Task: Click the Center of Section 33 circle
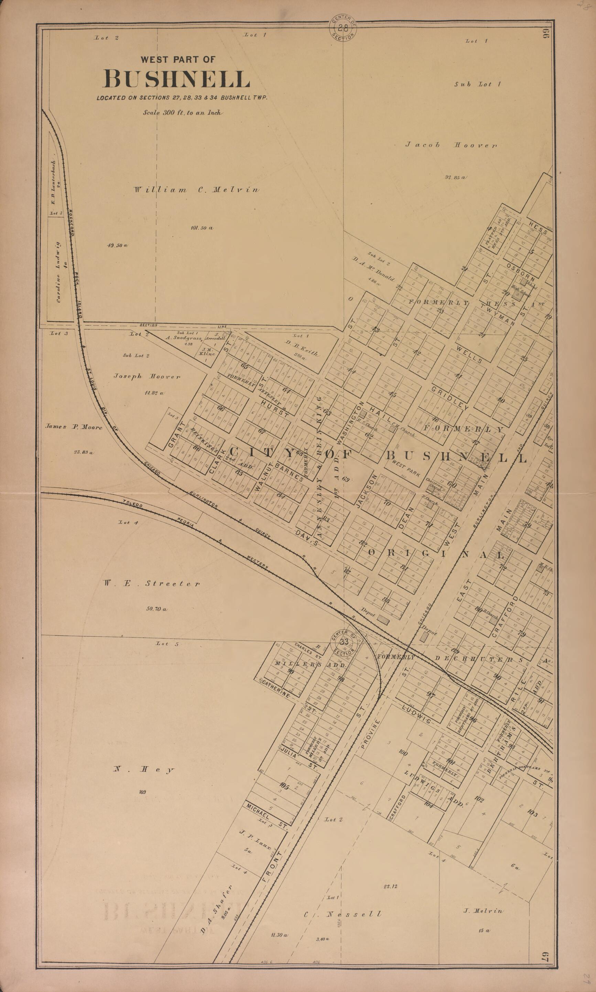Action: pyautogui.click(x=344, y=642)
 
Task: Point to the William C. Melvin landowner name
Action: pyautogui.click(x=196, y=190)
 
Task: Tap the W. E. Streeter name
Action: pyautogui.click(x=151, y=583)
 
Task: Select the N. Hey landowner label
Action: pyautogui.click(x=143, y=770)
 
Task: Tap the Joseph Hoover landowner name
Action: pyautogui.click(x=147, y=376)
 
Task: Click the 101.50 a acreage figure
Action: pyautogui.click(x=202, y=228)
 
